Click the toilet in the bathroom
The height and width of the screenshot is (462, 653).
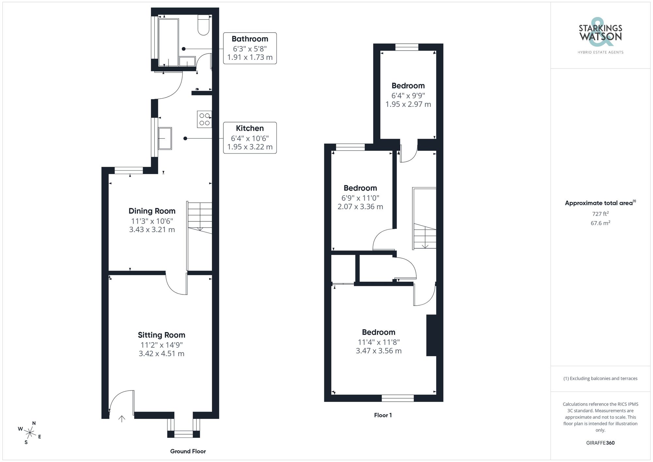(203, 25)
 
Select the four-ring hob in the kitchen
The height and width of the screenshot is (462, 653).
(204, 119)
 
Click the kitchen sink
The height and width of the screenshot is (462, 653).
(165, 138)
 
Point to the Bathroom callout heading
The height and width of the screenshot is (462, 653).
(250, 39)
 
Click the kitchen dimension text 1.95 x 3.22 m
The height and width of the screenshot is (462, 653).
(250, 147)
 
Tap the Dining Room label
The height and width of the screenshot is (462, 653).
(152, 211)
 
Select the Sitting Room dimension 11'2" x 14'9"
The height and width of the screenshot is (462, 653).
(161, 345)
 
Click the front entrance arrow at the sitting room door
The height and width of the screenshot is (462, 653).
(122, 419)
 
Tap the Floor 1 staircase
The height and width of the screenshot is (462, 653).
(425, 235)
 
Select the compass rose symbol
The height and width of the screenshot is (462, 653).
(30, 433)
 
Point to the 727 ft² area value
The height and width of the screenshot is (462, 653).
(600, 214)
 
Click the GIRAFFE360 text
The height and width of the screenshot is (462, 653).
(600, 443)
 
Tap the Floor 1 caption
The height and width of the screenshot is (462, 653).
(383, 415)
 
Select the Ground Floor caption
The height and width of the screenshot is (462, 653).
(188, 451)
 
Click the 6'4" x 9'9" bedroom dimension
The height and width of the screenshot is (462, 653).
(408, 96)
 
